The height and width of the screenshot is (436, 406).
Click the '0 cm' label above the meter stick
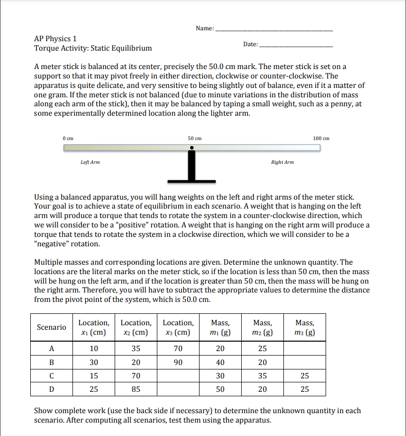click(68, 138)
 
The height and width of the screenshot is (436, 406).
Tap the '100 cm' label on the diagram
click(321, 138)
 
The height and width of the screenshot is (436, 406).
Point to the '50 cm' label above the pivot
click(195, 138)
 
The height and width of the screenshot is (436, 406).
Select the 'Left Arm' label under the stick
click(90, 162)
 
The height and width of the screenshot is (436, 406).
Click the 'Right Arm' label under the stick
click(282, 162)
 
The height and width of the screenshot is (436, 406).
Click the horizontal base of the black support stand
click(191, 180)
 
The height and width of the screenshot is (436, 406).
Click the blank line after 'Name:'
click(274, 30)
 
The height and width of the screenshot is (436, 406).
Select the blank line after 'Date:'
click(296, 46)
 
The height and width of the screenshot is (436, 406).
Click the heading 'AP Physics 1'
click(55, 39)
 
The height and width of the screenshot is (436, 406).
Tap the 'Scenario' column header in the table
click(52, 327)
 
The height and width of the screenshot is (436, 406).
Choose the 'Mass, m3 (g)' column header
click(304, 327)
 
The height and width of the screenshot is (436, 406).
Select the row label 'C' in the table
click(52, 376)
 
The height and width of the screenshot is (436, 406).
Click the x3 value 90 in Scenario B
click(178, 362)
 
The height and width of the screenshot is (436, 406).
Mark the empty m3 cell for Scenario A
click(304, 348)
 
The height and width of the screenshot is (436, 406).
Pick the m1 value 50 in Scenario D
click(220, 389)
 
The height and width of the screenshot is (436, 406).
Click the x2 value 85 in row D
click(136, 389)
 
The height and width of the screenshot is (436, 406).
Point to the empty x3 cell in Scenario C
click(178, 376)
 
